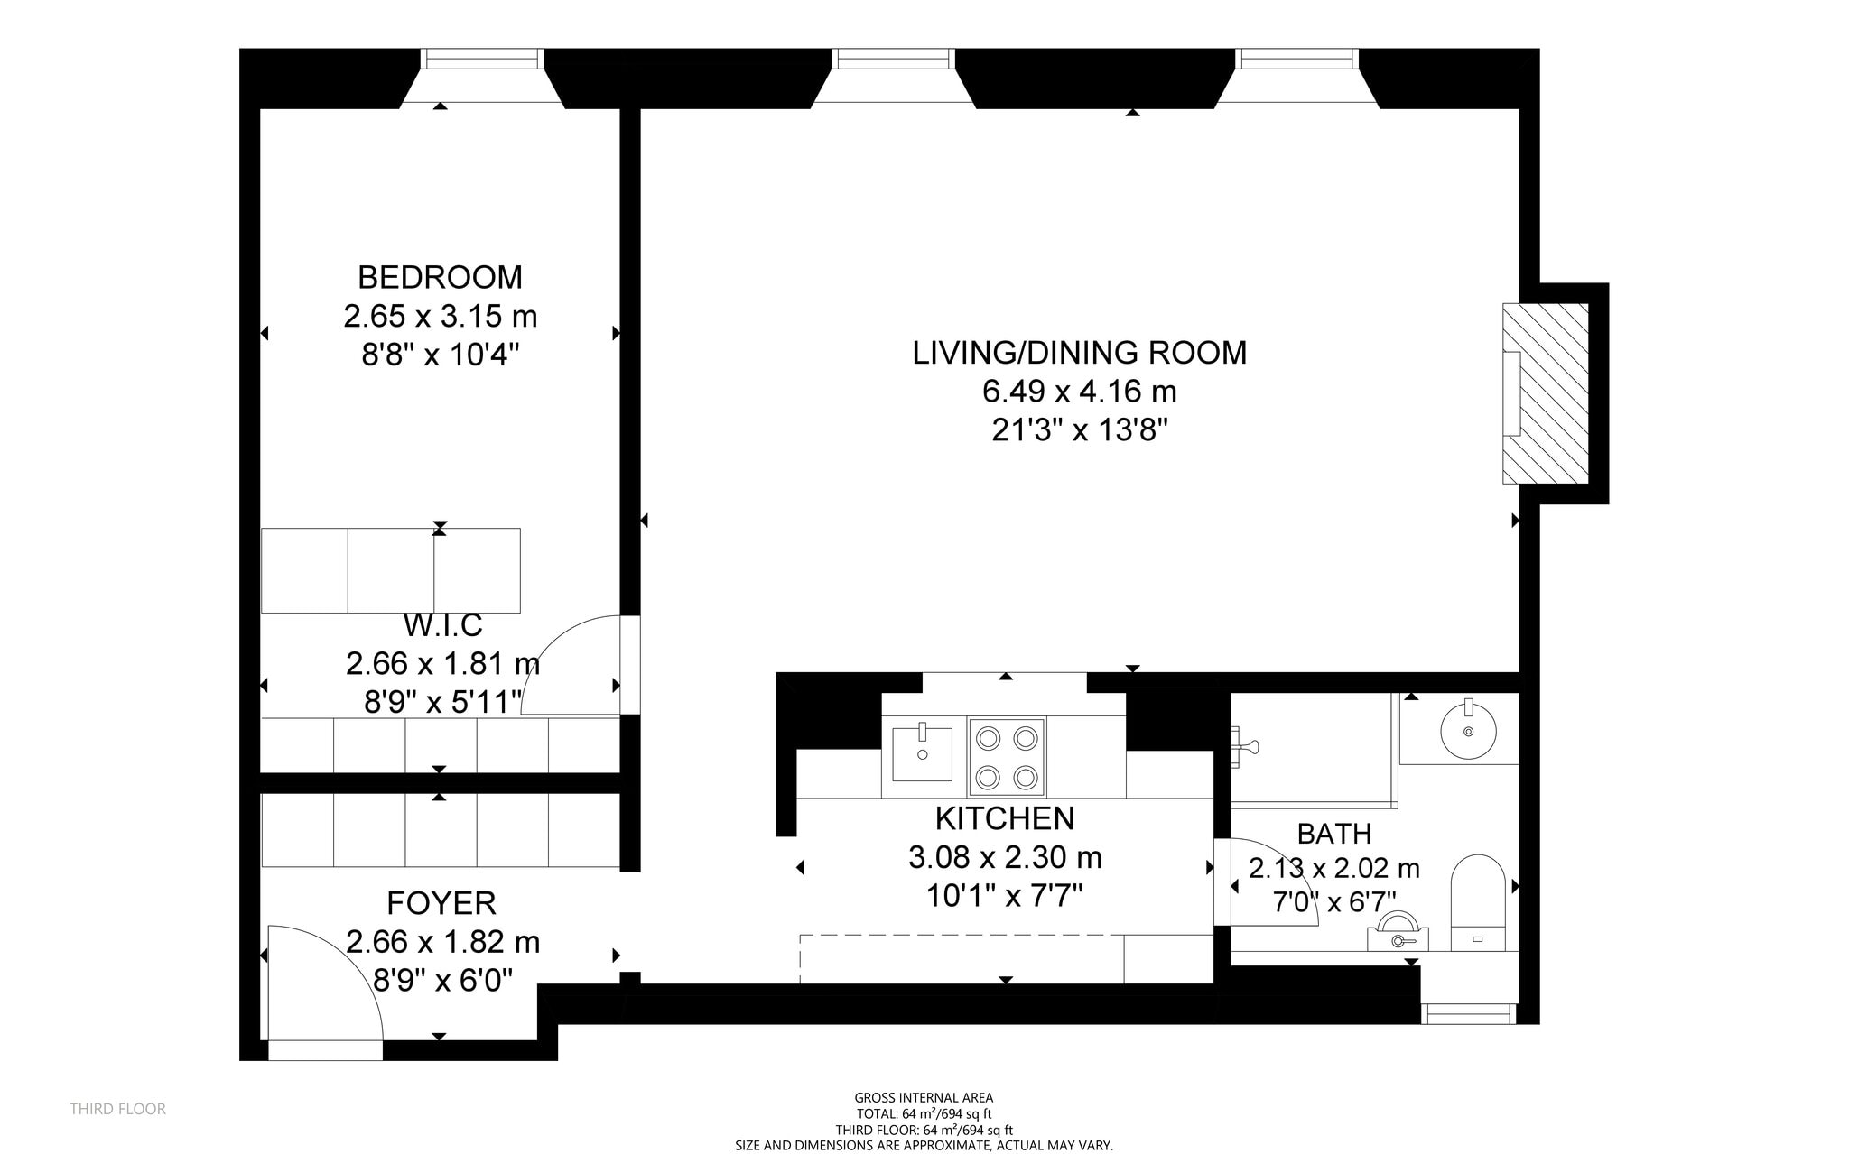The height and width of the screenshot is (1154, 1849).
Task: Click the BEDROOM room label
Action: pyautogui.click(x=440, y=277)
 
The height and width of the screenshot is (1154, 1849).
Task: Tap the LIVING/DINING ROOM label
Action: pyautogui.click(x=1080, y=353)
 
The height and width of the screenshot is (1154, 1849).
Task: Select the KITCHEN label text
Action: pyautogui.click(x=1005, y=818)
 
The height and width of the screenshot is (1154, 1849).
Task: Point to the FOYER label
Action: pyautogui.click(x=441, y=903)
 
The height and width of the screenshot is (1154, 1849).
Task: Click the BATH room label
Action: pyautogui.click(x=1334, y=833)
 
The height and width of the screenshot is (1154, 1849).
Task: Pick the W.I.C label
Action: pyautogui.click(x=442, y=624)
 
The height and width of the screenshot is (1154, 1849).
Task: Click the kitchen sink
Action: pyautogui.click(x=922, y=752)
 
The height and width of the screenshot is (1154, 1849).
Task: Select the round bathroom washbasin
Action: pyautogui.click(x=1468, y=727)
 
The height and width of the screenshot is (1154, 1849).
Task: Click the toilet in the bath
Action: pyautogui.click(x=1478, y=902)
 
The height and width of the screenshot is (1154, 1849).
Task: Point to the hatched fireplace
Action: pyautogui.click(x=1545, y=393)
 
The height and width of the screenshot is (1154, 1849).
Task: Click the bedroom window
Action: pyautogui.click(x=482, y=59)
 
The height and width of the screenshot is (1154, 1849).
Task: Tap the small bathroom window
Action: pyautogui.click(x=1469, y=1013)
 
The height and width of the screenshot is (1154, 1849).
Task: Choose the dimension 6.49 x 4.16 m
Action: pyautogui.click(x=1080, y=392)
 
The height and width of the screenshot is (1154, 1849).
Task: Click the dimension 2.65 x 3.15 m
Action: pyautogui.click(x=441, y=317)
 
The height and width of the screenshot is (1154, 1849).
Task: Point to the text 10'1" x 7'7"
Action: pyautogui.click(x=1005, y=896)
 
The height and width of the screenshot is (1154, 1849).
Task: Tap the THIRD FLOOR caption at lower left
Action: pyautogui.click(x=118, y=1109)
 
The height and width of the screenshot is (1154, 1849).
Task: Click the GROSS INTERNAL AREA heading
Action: pyautogui.click(x=924, y=1098)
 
